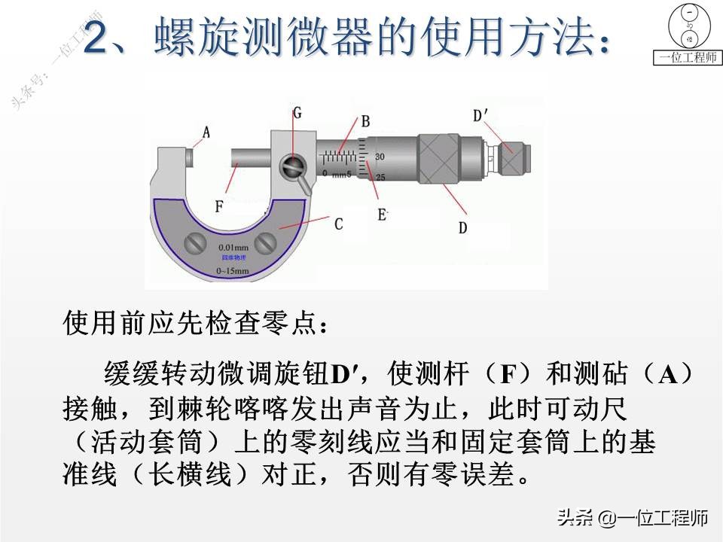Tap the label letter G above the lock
click(297, 113)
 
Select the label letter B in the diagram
click(365, 120)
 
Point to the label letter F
click(219, 204)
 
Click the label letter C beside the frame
click(338, 224)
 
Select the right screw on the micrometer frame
click(266, 242)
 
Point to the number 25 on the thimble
click(380, 178)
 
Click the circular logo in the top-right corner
click(687, 25)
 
